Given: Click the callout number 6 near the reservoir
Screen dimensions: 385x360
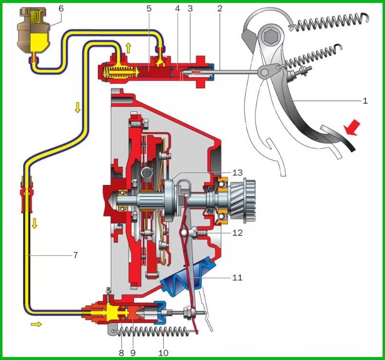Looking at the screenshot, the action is pyautogui.click(x=61, y=8).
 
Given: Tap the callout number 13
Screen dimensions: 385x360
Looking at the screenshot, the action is pyautogui.click(x=237, y=172).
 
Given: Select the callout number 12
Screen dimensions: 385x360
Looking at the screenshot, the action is pyautogui.click(x=237, y=232).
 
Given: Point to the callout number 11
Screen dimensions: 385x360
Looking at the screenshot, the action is pyautogui.click(x=237, y=277).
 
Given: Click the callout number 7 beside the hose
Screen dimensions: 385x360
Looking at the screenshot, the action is pyautogui.click(x=76, y=255).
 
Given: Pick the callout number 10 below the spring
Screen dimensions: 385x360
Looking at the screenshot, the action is pyautogui.click(x=163, y=353).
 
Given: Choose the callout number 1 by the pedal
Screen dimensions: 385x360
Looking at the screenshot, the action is pyautogui.click(x=365, y=101).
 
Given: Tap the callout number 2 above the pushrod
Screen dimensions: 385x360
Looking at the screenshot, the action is pyautogui.click(x=220, y=8).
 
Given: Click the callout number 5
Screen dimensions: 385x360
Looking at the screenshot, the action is pyautogui.click(x=149, y=8).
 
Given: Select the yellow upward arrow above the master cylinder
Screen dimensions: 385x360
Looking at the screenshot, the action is pyautogui.click(x=128, y=48).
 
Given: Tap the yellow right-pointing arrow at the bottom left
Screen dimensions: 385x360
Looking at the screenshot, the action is pyautogui.click(x=36, y=324).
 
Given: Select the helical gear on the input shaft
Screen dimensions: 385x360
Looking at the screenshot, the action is pyautogui.click(x=239, y=201).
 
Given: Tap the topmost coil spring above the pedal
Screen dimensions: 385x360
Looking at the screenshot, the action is pyautogui.click(x=328, y=23).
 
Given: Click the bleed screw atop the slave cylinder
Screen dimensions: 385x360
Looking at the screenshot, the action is pyautogui.click(x=108, y=291).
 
